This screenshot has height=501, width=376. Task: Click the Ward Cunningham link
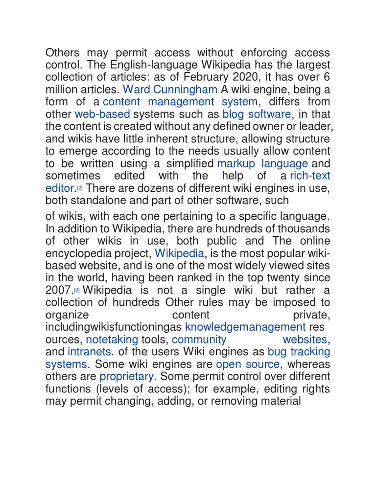[170, 90]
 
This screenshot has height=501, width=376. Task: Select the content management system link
[180, 102]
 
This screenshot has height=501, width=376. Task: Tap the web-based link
[102, 114]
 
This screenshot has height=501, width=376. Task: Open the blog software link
[257, 114]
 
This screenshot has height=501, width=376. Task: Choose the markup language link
[262, 163]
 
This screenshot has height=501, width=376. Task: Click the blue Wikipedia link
[179, 253]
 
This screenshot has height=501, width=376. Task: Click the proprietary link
[127, 377]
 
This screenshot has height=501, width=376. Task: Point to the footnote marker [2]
[79, 187]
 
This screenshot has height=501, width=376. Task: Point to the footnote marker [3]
[77, 290]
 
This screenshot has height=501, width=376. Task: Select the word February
[224, 77]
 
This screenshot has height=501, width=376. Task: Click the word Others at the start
[62, 52]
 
